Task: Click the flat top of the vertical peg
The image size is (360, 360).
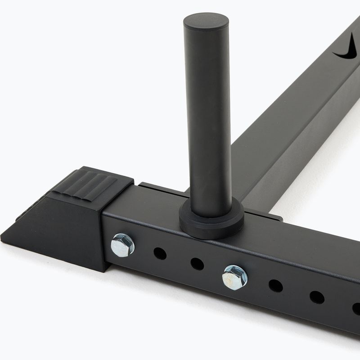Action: point(206,21)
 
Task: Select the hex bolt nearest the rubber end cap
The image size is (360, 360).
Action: point(122,245)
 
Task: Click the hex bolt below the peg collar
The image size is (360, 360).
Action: point(234,277)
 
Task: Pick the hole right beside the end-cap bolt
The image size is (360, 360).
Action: point(160,253)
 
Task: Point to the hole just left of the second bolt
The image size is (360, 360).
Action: point(197,264)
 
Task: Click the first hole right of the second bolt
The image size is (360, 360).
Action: point(275,286)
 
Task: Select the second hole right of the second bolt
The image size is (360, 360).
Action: point(316,297)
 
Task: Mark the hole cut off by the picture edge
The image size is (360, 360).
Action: point(356,309)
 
